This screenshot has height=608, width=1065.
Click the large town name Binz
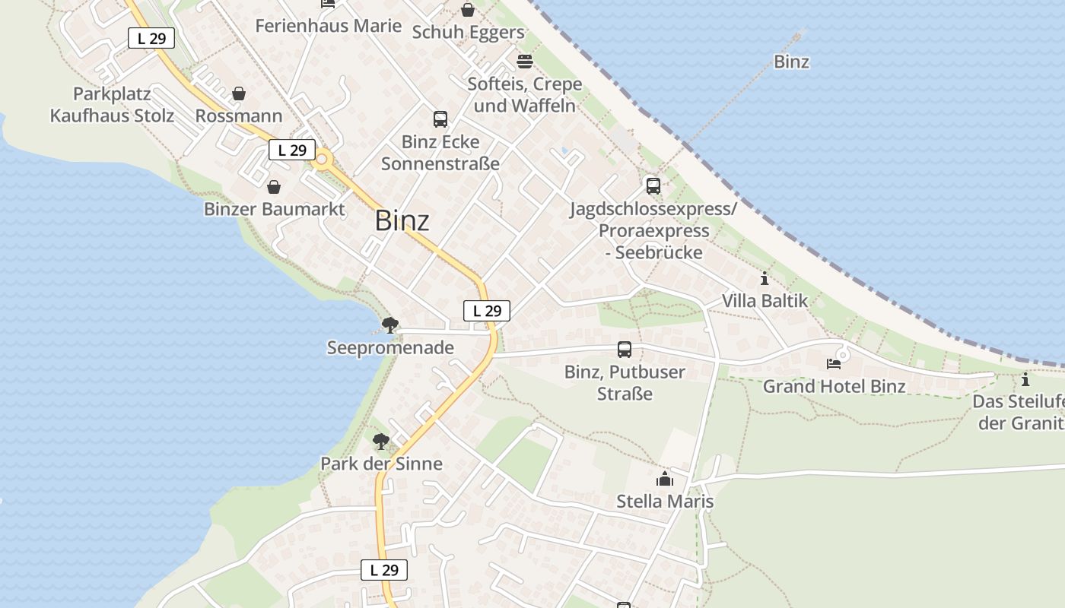tap(402, 221)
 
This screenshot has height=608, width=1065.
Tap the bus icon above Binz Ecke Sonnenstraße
tap(440, 119)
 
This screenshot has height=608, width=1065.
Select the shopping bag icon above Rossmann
tap(239, 93)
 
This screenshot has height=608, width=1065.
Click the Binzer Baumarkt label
tap(274, 209)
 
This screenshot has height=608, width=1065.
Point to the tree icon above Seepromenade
tap(390, 325)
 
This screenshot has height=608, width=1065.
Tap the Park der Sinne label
tap(381, 464)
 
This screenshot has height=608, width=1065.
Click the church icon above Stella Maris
tap(665, 479)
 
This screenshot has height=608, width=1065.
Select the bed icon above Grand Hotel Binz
tap(834, 363)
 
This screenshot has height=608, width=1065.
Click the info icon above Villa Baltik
tap(765, 279)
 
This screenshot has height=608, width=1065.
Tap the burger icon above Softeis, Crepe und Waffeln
tap(525, 61)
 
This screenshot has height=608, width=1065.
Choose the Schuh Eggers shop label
tap(468, 33)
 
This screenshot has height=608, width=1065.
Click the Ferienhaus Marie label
tap(328, 26)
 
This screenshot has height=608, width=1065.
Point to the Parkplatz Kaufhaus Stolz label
tap(112, 105)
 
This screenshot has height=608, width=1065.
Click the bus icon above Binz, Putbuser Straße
tap(625, 350)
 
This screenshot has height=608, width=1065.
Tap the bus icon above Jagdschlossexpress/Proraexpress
tap(653, 186)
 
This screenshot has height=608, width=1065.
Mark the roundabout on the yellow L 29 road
tap(322, 160)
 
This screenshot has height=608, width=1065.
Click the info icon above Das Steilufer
tap(1025, 379)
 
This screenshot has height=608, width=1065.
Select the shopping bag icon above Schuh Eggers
tap(468, 10)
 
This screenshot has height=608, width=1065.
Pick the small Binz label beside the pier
tap(791, 62)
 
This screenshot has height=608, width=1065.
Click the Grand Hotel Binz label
tap(834, 386)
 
